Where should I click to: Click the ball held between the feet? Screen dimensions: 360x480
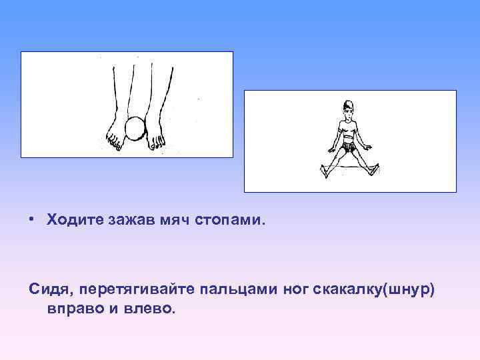(x=135, y=128)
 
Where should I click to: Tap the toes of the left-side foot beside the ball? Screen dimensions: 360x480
(x=115, y=141)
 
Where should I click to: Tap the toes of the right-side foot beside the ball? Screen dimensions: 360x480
(x=157, y=141)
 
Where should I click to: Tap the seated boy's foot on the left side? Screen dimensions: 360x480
(x=323, y=171)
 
